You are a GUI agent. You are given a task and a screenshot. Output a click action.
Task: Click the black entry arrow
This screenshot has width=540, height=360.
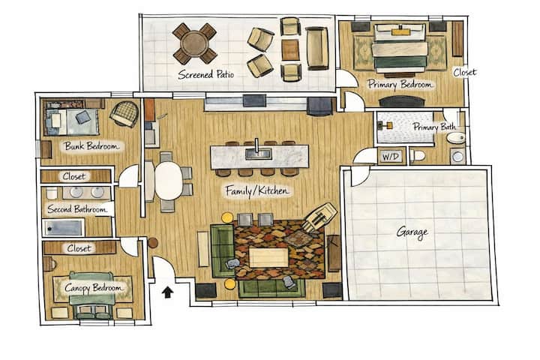pos(168,292)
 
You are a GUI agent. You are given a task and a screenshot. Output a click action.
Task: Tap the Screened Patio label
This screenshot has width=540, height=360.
pos(206,74)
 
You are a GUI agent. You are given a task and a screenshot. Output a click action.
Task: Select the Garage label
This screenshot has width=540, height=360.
pos(412,232)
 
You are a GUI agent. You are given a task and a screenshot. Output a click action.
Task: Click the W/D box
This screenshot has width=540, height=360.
pos(391,157)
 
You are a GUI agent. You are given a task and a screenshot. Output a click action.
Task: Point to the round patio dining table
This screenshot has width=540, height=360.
pos(195,43)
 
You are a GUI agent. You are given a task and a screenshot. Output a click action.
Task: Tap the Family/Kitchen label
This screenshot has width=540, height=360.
pos(257,190)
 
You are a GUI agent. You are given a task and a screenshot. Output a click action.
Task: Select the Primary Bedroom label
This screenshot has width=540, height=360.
pos(400,85)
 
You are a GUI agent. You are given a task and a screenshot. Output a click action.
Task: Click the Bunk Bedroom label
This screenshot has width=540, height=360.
pos(91,146)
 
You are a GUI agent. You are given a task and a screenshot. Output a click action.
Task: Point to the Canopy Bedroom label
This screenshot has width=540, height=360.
pos(93,288)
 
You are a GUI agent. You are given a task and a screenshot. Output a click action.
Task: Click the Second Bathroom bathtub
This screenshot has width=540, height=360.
pos(63,228)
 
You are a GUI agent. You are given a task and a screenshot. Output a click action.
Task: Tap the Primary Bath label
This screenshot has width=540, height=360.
pos(434,127)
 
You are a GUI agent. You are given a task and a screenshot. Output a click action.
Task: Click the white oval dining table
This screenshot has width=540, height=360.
pos(169,181)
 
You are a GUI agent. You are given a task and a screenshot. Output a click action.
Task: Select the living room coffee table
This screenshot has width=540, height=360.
pos(268,258)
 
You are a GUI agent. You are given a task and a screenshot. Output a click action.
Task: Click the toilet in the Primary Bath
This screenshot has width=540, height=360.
pos(418,156)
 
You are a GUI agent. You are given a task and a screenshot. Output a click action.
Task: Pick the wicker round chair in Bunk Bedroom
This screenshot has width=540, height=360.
pos(124,114)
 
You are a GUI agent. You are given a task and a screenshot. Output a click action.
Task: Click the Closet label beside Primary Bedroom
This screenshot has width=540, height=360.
pos(464,72)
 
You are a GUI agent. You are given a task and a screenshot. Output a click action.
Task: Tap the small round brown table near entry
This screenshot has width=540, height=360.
pos(152,243)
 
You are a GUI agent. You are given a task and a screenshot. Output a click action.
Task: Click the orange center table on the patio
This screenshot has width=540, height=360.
pos(290,50)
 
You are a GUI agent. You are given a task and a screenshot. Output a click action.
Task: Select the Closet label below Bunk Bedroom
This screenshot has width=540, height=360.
pos(74,177)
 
